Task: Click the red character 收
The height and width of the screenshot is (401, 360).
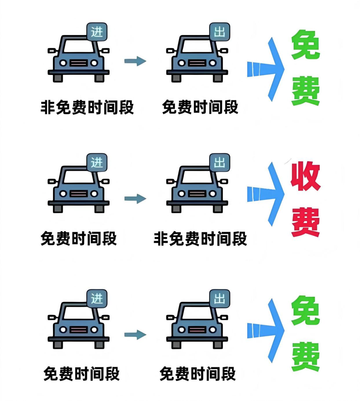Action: [x=305, y=176]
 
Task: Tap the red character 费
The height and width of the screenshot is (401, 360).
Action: [x=305, y=222]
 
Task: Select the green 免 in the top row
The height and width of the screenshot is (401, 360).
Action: [x=305, y=45]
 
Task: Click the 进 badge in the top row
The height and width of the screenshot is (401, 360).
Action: [x=97, y=32]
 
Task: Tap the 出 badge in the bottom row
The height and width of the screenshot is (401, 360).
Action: [x=219, y=299]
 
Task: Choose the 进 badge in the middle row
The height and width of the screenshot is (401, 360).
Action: [x=97, y=163]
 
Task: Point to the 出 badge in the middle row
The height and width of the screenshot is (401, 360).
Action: [x=219, y=163]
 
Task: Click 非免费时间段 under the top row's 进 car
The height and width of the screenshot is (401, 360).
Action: [x=87, y=107]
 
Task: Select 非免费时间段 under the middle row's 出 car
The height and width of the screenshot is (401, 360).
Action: [x=200, y=239]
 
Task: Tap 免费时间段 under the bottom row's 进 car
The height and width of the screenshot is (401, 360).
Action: [x=81, y=374]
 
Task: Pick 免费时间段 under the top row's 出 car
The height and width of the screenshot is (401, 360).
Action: [x=200, y=107]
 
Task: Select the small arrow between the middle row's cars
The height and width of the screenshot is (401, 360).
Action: [x=135, y=199]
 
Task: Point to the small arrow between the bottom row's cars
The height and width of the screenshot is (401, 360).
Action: [x=135, y=335]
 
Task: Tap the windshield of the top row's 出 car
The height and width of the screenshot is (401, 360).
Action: [x=197, y=47]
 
